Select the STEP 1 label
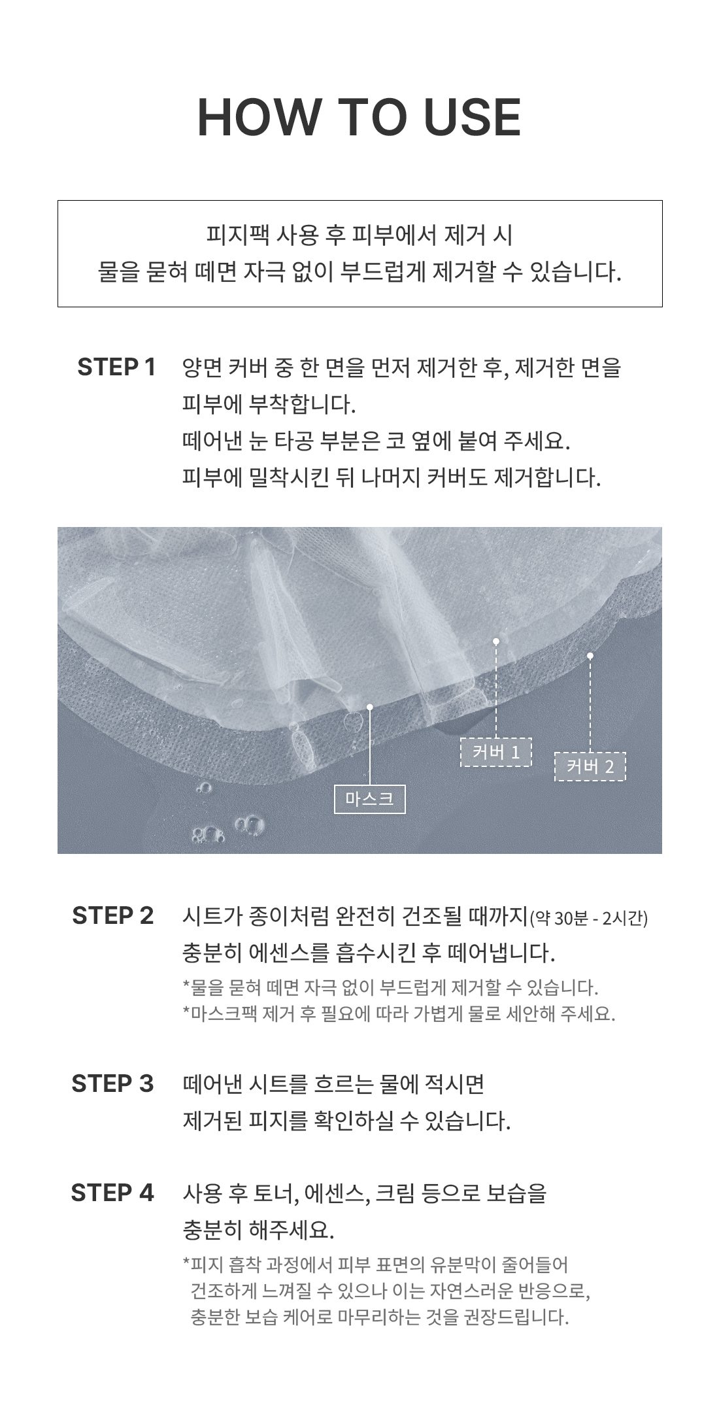pyautogui.click(x=116, y=367)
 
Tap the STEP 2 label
pyautogui.click(x=113, y=915)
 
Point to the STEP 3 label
pyautogui.click(x=112, y=1083)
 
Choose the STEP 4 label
pyautogui.click(x=112, y=1193)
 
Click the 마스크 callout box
pyautogui.click(x=370, y=799)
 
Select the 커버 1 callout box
pyautogui.click(x=496, y=752)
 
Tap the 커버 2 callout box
pyautogui.click(x=590, y=766)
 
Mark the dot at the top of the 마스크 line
pyautogui.click(x=370, y=707)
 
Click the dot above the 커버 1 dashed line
pyautogui.click(x=496, y=641)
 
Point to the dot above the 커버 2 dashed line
pyautogui.click(x=590, y=655)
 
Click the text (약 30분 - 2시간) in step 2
pyautogui.click(x=588, y=919)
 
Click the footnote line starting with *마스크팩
pyautogui.click(x=399, y=1014)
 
